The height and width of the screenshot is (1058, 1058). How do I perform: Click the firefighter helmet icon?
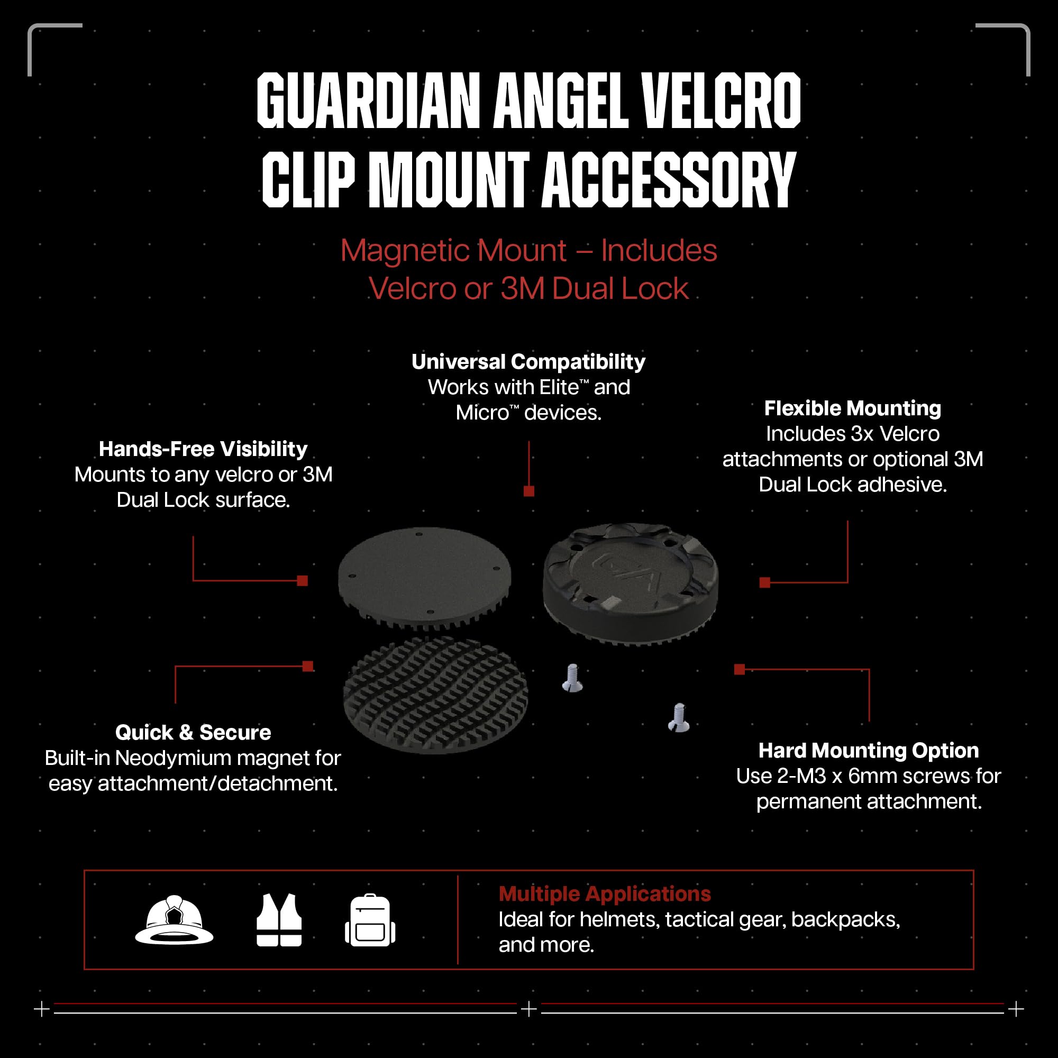174,920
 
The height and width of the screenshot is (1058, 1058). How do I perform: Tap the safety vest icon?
279,920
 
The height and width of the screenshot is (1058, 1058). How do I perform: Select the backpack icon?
370,920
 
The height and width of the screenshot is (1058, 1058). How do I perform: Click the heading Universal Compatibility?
528,362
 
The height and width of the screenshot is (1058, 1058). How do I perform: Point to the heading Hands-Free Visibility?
203,449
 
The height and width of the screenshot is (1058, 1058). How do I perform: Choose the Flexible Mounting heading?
853,408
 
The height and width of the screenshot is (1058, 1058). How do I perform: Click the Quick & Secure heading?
193,733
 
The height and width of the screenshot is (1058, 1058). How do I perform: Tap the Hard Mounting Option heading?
869,751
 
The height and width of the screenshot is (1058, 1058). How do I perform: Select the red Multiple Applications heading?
605,894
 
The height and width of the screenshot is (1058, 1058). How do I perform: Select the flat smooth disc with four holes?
424,575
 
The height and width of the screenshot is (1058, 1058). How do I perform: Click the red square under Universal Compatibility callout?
529,491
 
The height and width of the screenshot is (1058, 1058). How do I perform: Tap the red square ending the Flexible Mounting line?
765,582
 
